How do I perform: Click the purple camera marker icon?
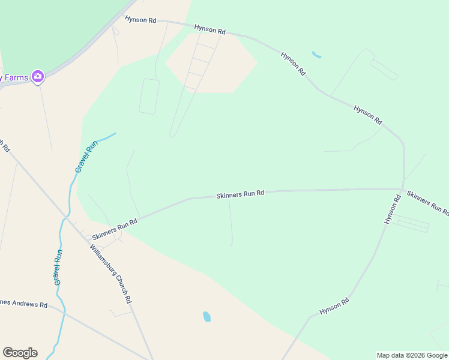point(38,76)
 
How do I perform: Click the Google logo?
point(20,353)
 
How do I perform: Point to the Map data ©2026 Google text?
point(412,355)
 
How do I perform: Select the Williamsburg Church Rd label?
point(111,274)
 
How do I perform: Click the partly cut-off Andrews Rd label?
point(23,304)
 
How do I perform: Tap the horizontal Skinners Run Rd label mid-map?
point(240,194)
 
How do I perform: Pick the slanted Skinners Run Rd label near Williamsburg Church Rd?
point(115,229)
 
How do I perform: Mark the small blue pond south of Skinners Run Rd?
point(206,316)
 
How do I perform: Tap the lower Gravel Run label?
point(58,267)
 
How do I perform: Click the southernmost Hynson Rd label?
point(334,307)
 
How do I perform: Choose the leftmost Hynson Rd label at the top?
point(140,20)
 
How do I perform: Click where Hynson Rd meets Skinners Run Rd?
point(403,189)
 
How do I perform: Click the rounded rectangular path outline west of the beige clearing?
point(149,96)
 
